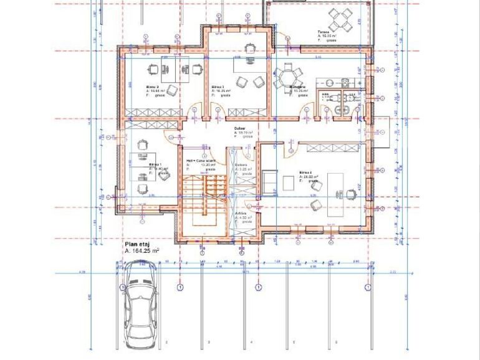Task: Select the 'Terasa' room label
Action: tap(323, 32)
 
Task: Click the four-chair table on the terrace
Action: tap(341, 19)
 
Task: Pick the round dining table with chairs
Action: tap(287, 78)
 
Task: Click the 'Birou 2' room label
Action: tap(153, 87)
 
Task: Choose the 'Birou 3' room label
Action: tap(218, 87)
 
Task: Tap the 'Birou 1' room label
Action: tap(155, 164)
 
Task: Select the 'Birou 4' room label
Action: tap(305, 173)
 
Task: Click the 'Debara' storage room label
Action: tap(241, 164)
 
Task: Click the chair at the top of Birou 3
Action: tap(250, 48)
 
